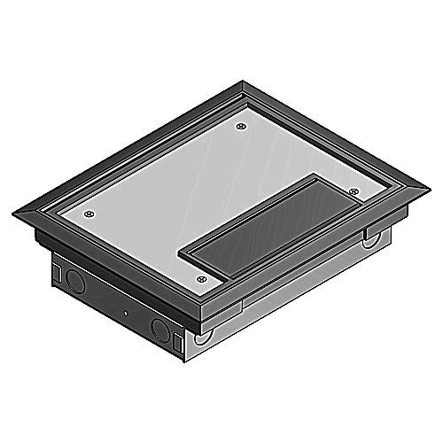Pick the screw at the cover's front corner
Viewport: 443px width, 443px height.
click(202, 279)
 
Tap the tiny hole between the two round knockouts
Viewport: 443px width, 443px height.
click(127, 315)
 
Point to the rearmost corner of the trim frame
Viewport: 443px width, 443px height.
click(245, 82)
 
